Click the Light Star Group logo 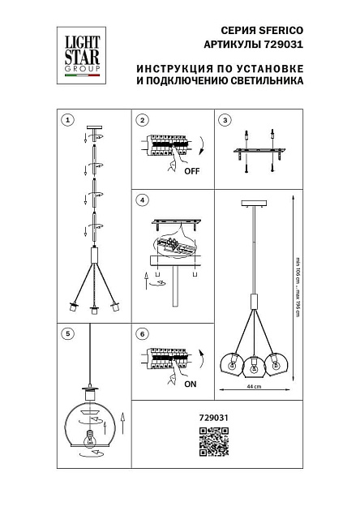coord(82,54)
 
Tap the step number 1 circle coord(68,120)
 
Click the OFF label coord(191,172)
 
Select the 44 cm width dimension coord(254,387)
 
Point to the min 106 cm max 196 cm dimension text coord(297,288)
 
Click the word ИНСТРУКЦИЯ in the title coord(167,68)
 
